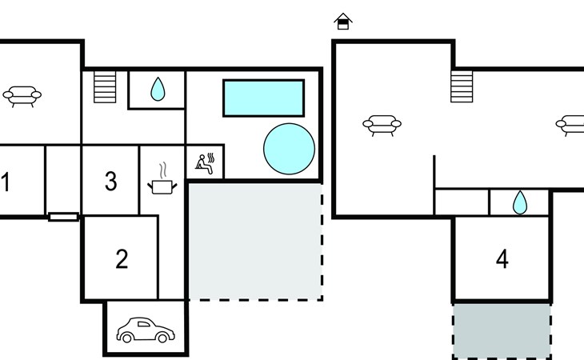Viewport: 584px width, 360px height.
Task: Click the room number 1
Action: [6, 182]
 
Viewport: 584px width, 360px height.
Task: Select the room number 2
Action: [122, 258]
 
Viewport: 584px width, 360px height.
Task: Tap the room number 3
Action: [110, 182]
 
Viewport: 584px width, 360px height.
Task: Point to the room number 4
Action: [502, 258]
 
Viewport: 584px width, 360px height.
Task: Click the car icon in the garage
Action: [146, 330]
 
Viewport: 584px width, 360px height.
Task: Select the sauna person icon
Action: [205, 163]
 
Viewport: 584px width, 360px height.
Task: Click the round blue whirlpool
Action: [289, 149]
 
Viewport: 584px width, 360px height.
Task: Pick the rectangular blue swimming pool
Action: [264, 98]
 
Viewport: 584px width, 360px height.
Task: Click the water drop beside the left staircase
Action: [158, 90]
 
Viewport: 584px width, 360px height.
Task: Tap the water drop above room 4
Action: [520, 202]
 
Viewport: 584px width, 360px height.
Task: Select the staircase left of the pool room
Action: [105, 86]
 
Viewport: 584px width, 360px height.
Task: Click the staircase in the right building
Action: [462, 86]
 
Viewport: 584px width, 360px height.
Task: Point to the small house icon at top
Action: [343, 22]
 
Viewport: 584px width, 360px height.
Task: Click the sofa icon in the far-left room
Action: [22, 97]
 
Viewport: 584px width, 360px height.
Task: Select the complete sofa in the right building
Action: [382, 126]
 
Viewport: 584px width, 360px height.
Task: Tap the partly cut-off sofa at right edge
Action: [570, 126]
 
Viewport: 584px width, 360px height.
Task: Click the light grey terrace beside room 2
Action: [255, 242]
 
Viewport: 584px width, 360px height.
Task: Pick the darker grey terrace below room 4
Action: [502, 331]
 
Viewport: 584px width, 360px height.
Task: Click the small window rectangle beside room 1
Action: [64, 217]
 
